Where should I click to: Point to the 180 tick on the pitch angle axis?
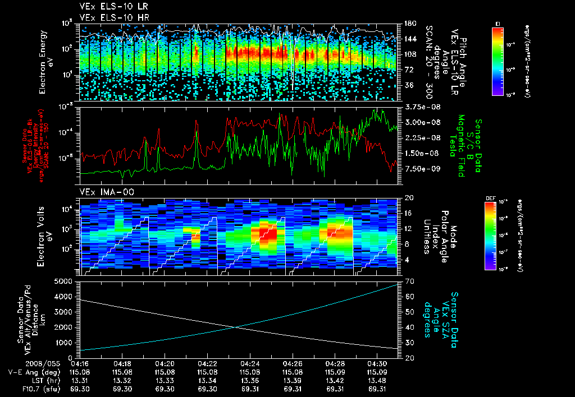coord(409,24)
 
